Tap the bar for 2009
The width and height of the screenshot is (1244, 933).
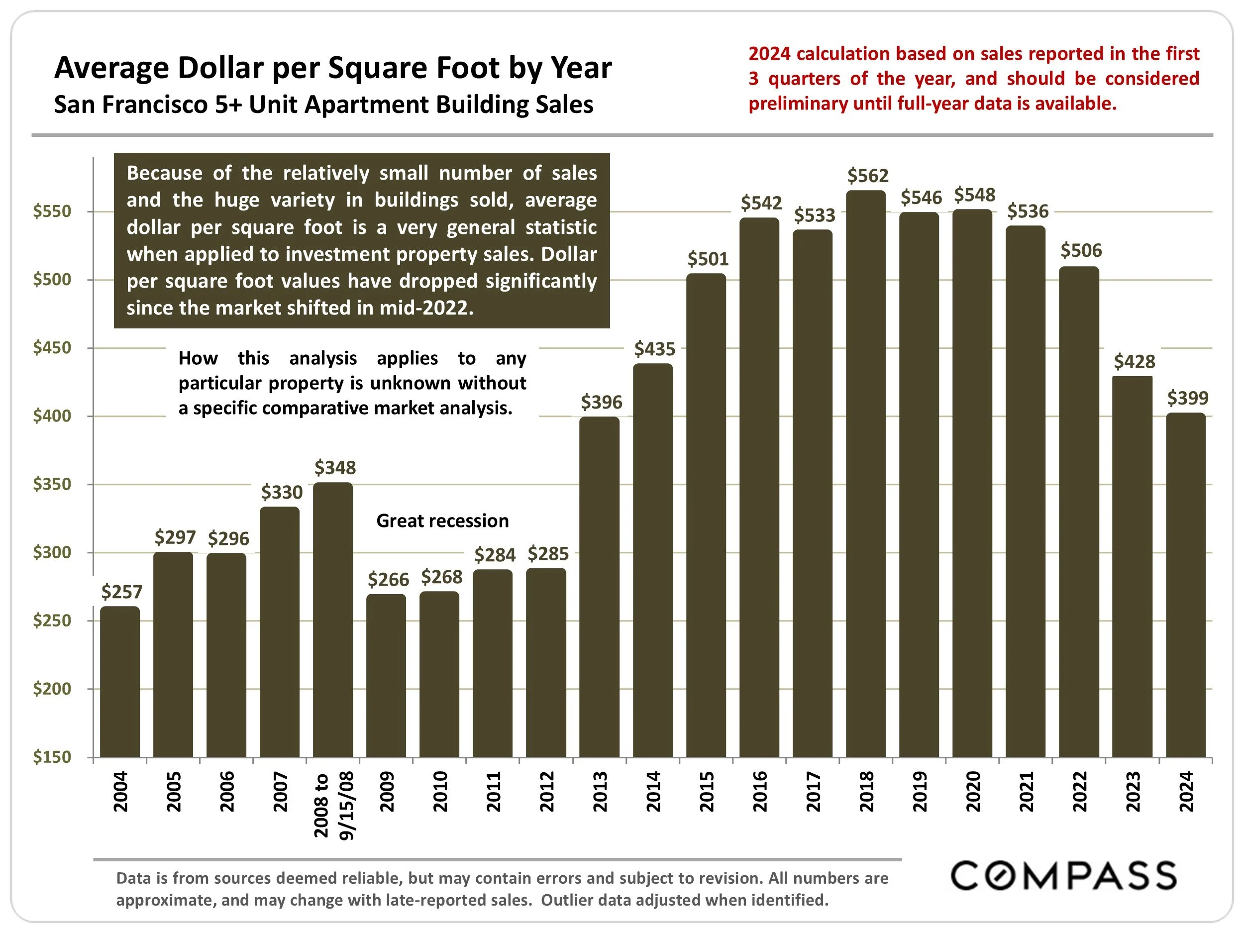pos(386,675)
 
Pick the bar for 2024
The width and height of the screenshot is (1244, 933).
pos(1185,585)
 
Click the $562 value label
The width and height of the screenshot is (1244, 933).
pos(868,176)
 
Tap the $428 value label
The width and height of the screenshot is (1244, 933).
pos(1135,362)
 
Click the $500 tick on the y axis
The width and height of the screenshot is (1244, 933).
pos(52,280)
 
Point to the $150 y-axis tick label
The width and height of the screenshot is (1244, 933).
pos(52,757)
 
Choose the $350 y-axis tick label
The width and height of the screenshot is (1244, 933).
pos(52,484)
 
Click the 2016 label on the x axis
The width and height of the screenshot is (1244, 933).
pos(760,792)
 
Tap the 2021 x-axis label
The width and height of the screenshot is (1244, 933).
pos(1027,792)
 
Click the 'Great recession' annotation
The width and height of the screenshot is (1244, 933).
pos(442,521)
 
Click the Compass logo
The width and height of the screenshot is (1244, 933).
pos(1063,876)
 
